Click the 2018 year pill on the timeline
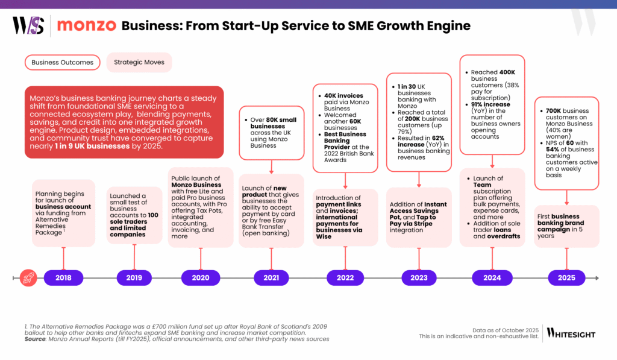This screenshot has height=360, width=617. (63, 277)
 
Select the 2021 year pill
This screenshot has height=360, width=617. (271, 277)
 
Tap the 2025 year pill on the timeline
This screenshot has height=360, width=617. (566, 277)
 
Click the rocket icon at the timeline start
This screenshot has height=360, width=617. (28, 277)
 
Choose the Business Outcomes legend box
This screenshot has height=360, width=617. (63, 62)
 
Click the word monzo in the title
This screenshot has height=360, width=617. (87, 26)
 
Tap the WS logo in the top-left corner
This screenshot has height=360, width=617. (28, 26)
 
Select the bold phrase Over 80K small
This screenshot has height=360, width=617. (275, 120)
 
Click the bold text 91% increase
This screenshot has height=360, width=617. (492, 104)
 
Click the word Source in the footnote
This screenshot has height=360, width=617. (37, 339)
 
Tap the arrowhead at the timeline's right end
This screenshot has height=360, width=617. (597, 278)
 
